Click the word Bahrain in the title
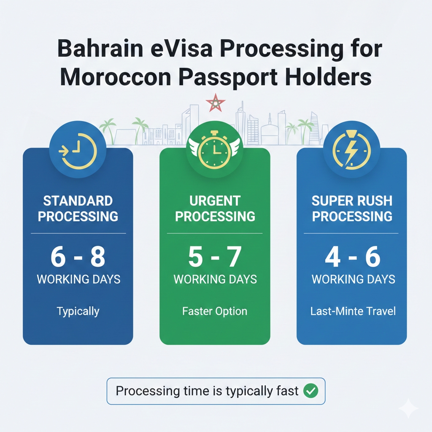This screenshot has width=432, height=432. [100, 49]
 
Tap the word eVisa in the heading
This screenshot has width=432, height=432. [182, 49]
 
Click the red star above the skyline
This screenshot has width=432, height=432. [216, 103]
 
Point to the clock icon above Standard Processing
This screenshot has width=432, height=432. [78, 151]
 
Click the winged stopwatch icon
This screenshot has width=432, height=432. [215, 150]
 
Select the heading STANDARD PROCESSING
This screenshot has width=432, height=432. [78, 208]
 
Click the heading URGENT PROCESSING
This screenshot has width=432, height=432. [215, 208]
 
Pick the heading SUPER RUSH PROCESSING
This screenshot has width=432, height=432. [352, 208]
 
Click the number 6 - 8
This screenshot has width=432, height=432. [78, 257]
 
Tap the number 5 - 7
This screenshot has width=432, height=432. [215, 257]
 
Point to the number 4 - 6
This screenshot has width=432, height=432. [353, 257]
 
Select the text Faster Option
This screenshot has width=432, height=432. [215, 311]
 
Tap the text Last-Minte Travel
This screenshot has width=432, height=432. [353, 311]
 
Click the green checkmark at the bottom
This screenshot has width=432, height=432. [311, 391]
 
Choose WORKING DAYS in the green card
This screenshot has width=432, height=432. [215, 279]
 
